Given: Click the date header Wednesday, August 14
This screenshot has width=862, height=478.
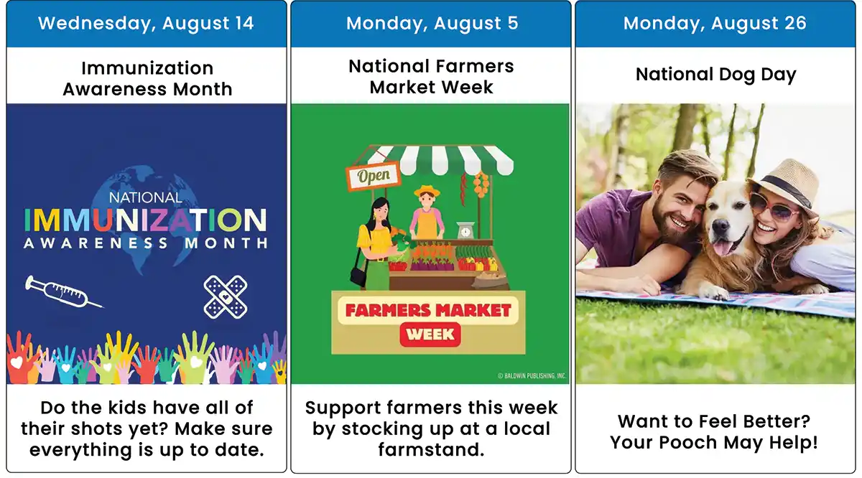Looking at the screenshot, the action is click(146, 23).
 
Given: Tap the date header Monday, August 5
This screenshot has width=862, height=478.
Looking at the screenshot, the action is click(432, 23).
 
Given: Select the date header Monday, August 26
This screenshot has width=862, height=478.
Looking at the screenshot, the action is click(715, 23).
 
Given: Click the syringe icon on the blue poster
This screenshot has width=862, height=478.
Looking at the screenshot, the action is click(64, 292).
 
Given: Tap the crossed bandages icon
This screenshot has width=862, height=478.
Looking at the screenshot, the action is click(226, 297).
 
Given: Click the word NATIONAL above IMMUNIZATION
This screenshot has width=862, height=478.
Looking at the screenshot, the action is click(145, 197).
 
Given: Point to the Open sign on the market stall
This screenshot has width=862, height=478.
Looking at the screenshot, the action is click(374, 176).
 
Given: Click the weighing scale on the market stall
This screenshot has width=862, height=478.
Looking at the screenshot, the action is click(465, 230).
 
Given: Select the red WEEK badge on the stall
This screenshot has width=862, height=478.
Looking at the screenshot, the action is click(430, 334).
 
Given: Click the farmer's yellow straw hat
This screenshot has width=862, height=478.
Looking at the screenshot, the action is click(427, 190).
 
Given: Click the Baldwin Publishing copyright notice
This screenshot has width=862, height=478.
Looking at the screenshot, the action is click(532, 375).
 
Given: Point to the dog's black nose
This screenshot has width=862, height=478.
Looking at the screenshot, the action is click(720, 228).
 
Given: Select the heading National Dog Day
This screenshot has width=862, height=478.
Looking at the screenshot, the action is click(715, 75).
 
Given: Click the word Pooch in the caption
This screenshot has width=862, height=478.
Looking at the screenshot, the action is click(688, 442).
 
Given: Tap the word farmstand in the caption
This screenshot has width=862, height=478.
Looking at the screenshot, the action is click(431, 449).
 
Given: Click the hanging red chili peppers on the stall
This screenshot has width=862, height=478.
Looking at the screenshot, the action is click(464, 189).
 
